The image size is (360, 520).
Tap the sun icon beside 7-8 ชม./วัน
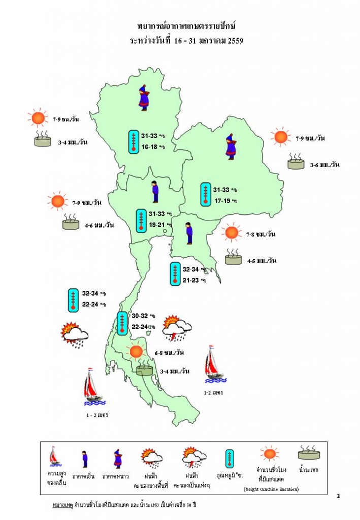(231, 233)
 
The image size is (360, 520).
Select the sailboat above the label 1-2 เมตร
(214, 364)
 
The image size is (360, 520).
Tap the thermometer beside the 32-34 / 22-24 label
(73, 300)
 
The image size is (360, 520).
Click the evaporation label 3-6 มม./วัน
(324, 165)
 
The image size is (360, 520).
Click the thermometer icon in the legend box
(230, 458)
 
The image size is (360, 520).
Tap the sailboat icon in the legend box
(54, 457)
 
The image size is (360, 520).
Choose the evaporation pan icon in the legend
(308, 453)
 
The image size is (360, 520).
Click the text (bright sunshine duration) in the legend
(271, 489)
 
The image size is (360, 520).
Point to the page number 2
(338, 496)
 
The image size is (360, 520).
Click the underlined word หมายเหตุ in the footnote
(62, 506)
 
